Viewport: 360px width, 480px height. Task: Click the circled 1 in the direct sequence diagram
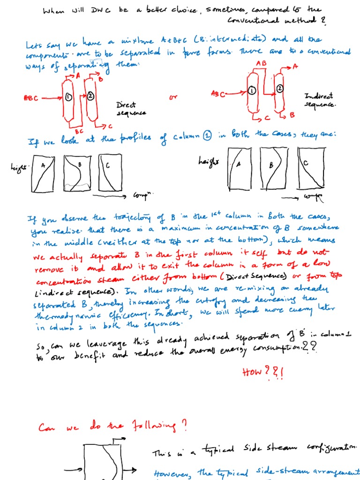coord(69,97)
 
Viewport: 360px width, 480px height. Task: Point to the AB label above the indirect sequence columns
coord(261,63)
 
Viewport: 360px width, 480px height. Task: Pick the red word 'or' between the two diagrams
coord(174,97)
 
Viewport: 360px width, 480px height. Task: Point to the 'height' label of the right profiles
coord(209,161)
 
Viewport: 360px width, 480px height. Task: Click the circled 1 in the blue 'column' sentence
coord(207,136)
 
